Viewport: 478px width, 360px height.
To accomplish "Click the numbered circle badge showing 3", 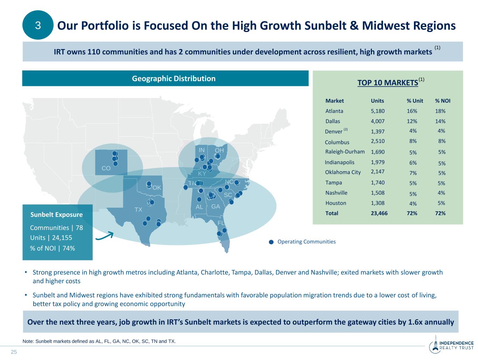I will (x=38, y=25).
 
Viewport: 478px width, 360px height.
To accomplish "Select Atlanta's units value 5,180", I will (x=377, y=111).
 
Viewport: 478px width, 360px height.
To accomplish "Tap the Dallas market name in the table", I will (x=333, y=121).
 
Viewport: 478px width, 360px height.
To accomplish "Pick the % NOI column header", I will (x=443, y=101).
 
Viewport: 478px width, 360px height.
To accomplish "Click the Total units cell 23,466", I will (x=379, y=213).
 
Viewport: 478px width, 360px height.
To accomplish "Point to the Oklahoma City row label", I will (x=342, y=172).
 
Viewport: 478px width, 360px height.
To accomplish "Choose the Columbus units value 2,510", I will (x=377, y=141).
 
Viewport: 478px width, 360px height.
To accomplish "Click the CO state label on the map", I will (x=106, y=169).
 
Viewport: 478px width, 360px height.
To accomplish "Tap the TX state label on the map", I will (x=138, y=210).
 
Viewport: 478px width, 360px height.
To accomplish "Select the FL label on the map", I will (x=221, y=223).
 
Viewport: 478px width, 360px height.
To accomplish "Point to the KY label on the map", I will (x=202, y=174).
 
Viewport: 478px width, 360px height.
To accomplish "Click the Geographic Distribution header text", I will (x=174, y=79).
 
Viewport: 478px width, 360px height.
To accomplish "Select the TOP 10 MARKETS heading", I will (x=388, y=83).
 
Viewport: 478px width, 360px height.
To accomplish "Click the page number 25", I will (x=14, y=352).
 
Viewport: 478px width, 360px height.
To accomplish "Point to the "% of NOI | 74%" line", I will (x=53, y=248).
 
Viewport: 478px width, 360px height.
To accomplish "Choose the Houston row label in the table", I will (x=335, y=203).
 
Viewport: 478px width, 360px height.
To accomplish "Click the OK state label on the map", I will (x=157, y=188).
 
